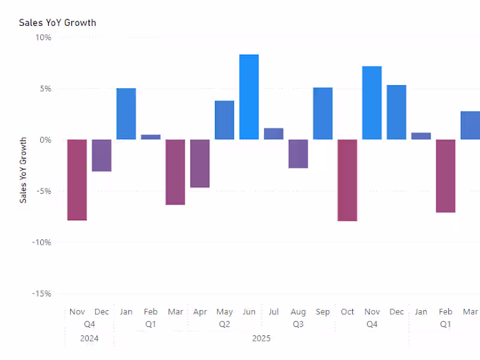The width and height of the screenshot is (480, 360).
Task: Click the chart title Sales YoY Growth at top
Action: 58,23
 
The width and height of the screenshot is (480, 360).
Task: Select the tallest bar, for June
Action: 249,97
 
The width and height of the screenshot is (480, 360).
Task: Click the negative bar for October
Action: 347,180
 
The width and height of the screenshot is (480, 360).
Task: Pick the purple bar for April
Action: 200,163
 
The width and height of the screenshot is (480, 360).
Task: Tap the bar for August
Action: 298,154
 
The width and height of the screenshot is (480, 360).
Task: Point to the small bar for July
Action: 274,134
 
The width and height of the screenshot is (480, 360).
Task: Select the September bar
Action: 323,113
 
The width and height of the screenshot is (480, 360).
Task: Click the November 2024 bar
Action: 77,180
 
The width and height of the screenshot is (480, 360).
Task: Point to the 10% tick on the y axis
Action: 43,37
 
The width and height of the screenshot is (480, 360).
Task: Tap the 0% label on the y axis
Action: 45,140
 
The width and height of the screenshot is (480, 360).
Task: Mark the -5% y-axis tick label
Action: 43,191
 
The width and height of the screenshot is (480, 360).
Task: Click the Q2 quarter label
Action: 224,325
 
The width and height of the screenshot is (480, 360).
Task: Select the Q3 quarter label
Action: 298,325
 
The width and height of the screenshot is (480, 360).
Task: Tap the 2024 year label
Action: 89,338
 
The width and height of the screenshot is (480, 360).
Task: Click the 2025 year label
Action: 261,338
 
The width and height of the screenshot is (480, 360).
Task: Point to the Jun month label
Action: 249,312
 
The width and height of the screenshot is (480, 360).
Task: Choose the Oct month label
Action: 347,312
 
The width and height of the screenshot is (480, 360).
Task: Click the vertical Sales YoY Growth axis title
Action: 23,170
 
